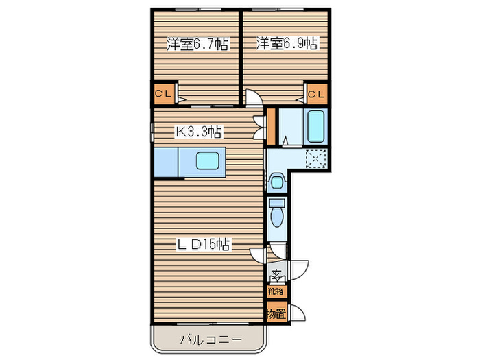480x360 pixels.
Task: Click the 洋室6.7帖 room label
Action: pos(197,45)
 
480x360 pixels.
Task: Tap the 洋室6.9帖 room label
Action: pos(287,45)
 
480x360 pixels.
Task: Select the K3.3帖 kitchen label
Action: pos(200,130)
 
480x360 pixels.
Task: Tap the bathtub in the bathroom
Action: pos(316,125)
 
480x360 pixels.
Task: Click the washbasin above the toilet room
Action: pos(276,182)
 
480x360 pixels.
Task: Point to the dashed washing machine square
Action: pos(316,159)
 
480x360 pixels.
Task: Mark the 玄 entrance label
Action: pos(276,276)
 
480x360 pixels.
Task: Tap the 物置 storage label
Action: pos(276,315)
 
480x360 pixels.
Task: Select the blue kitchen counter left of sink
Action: pos(166,163)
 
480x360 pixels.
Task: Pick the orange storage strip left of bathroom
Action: pos(271,123)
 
